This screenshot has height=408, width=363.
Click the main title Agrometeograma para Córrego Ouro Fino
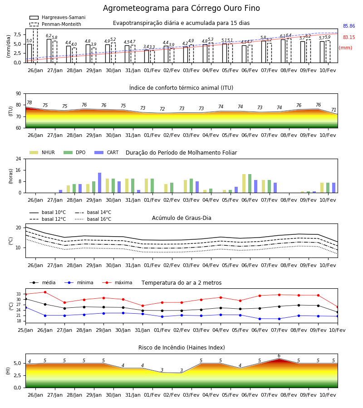click(181, 8)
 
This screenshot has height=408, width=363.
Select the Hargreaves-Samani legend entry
click(58, 17)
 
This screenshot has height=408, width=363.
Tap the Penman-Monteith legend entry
click(55, 24)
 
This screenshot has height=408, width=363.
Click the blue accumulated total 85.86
click(349, 26)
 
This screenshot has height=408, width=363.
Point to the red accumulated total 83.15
click(349, 37)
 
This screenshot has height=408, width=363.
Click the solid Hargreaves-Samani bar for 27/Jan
click(49, 51)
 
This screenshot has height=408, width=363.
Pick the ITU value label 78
click(29, 103)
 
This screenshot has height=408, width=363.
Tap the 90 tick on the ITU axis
click(19, 94)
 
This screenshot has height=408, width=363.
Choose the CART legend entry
click(107, 152)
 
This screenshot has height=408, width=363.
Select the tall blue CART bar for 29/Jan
click(99, 183)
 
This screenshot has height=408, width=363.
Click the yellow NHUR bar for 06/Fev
click(244, 184)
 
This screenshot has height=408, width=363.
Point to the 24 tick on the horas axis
click(19, 159)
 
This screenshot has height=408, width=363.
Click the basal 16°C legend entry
click(93, 219)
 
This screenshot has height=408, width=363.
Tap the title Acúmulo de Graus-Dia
click(181, 218)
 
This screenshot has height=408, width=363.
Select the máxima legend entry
click(117, 282)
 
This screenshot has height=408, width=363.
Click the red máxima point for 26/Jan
click(45, 292)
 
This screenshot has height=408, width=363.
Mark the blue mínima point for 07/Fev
click(280, 319)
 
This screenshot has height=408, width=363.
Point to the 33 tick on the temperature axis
click(19, 294)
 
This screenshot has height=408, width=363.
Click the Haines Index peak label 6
click(279, 356)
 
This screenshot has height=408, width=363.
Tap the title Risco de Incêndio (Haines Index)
click(181, 348)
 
